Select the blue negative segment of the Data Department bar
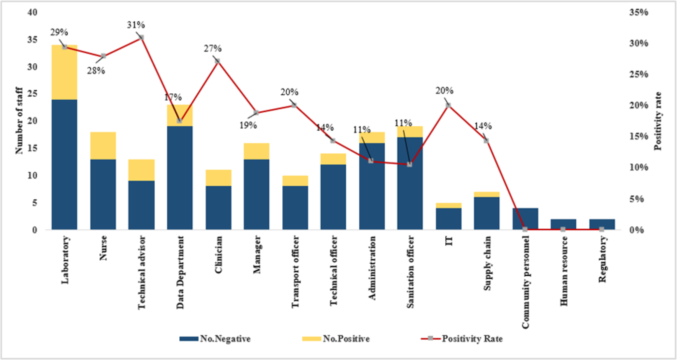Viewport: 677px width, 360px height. pyautogui.click(x=180, y=177)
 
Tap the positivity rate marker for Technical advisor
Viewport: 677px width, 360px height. pyautogui.click(x=141, y=37)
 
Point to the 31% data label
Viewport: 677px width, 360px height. pyautogui.click(x=136, y=25)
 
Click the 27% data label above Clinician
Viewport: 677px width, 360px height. pyautogui.click(x=213, y=49)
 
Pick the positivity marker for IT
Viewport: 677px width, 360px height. pyautogui.click(x=448, y=105)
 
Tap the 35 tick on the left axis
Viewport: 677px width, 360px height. pyautogui.click(x=32, y=39)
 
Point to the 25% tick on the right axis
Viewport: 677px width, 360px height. pyautogui.click(x=639, y=74)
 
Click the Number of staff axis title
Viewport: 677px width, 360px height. pyautogui.click(x=19, y=120)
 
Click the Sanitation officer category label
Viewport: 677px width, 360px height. pyautogui.click(x=410, y=272)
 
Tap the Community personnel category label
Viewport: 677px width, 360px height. pyautogui.click(x=525, y=282)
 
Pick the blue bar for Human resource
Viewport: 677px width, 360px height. pyautogui.click(x=563, y=224)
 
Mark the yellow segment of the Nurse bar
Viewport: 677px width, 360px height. pyautogui.click(x=103, y=146)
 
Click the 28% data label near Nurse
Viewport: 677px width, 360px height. pyautogui.click(x=96, y=71)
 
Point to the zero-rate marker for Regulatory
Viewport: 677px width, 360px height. pyautogui.click(x=602, y=230)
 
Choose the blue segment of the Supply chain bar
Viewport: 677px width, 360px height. pyautogui.click(x=487, y=213)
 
